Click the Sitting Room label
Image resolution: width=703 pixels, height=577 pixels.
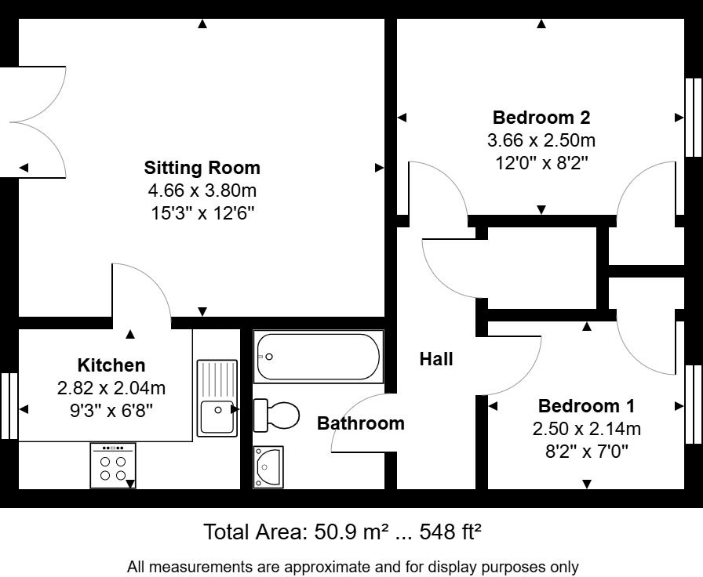(x=202, y=168)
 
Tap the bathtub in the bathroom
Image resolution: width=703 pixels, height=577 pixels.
(x=317, y=357)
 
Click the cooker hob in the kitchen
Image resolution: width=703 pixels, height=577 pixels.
(x=113, y=466)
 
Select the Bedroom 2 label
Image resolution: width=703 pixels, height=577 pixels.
(x=541, y=118)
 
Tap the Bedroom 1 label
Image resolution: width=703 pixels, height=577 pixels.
(x=586, y=406)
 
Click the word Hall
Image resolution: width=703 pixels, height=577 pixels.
(x=436, y=359)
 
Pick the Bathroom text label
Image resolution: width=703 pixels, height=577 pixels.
(x=360, y=423)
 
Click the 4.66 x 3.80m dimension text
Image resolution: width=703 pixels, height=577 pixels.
(x=202, y=190)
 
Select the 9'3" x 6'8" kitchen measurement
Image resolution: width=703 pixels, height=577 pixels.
(x=111, y=408)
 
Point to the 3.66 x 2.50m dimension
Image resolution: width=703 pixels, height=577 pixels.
(x=541, y=141)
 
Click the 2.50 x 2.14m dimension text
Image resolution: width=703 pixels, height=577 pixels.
(x=586, y=429)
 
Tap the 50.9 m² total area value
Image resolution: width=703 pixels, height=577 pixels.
(x=347, y=532)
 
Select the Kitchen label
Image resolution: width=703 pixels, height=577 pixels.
(x=111, y=365)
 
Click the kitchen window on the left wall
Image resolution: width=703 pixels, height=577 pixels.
(x=9, y=405)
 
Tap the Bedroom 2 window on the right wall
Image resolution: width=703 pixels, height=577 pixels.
(x=694, y=118)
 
